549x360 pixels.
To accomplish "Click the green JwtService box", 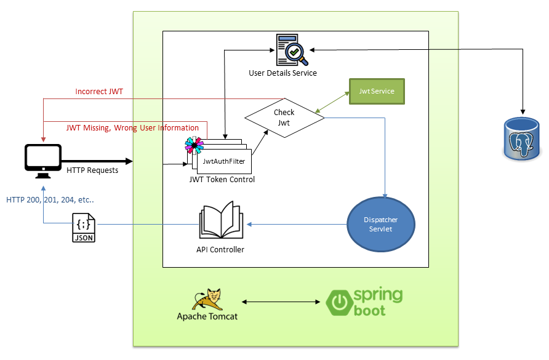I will pyautogui.click(x=377, y=90).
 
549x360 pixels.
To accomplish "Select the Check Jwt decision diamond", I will pyautogui.click(x=284, y=117).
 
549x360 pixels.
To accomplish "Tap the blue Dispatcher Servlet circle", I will pyautogui.click(x=380, y=225).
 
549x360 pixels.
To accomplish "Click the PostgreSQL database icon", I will pyautogui.click(x=523, y=140).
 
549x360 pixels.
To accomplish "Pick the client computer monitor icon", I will pyautogui.click(x=42, y=159).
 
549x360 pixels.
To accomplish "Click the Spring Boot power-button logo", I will pyautogui.click(x=338, y=302).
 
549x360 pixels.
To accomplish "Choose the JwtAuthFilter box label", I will pyautogui.click(x=223, y=161).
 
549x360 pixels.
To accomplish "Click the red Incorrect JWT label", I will pyautogui.click(x=99, y=92).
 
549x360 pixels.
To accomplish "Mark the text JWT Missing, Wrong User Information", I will pyautogui.click(x=132, y=128).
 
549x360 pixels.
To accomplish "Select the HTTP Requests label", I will pyautogui.click(x=92, y=170).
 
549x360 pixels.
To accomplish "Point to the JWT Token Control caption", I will pyautogui.click(x=222, y=180).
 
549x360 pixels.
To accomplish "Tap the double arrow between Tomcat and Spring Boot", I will pyautogui.click(x=283, y=302).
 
